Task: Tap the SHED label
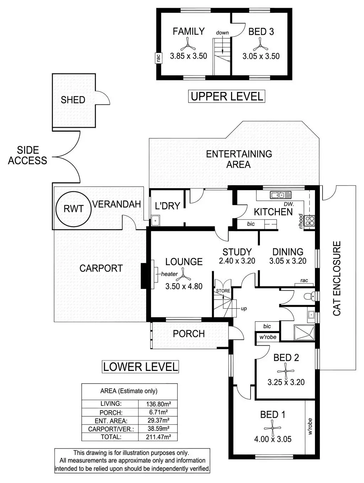point(73,100)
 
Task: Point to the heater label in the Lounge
point(169,274)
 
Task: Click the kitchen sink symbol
point(280,194)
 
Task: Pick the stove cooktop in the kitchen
point(310,221)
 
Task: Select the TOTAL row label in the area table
point(111,437)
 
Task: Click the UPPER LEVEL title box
point(227,96)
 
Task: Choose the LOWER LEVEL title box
point(140,367)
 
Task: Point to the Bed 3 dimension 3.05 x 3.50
point(261,56)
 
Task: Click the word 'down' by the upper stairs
point(222,33)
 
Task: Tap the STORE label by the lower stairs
point(223,291)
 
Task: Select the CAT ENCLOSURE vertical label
point(337,278)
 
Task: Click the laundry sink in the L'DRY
point(155,221)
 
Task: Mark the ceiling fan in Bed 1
point(272,428)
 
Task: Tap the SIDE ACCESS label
point(28,155)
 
